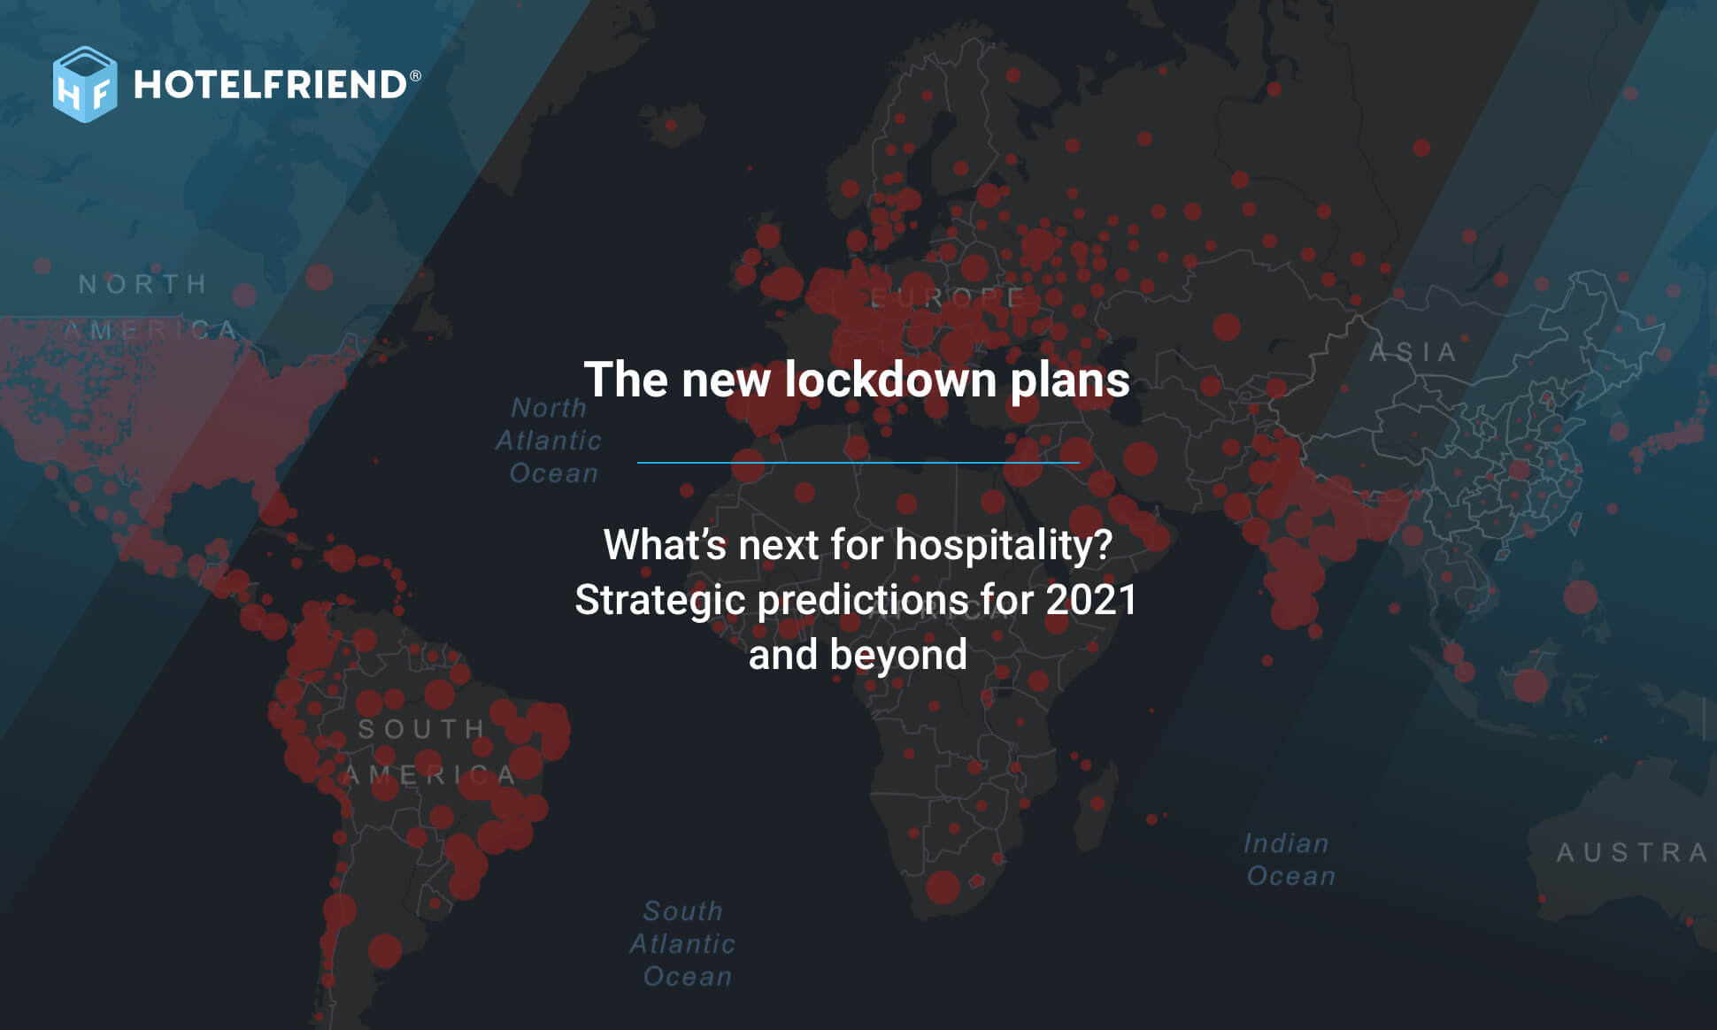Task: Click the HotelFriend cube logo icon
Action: (x=84, y=85)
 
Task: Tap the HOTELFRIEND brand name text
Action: (x=270, y=85)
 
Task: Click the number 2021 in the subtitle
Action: (x=1091, y=600)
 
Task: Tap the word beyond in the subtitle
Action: (x=898, y=656)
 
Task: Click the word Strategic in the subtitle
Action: (x=660, y=601)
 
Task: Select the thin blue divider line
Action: (x=858, y=462)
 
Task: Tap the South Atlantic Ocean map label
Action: (x=683, y=943)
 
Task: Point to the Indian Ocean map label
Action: (x=1289, y=859)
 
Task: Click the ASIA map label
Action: (x=1413, y=352)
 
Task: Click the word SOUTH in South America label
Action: (x=421, y=729)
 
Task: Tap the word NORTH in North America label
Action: (x=142, y=284)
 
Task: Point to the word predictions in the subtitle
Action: (x=863, y=601)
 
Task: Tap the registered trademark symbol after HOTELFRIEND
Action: (x=415, y=76)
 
